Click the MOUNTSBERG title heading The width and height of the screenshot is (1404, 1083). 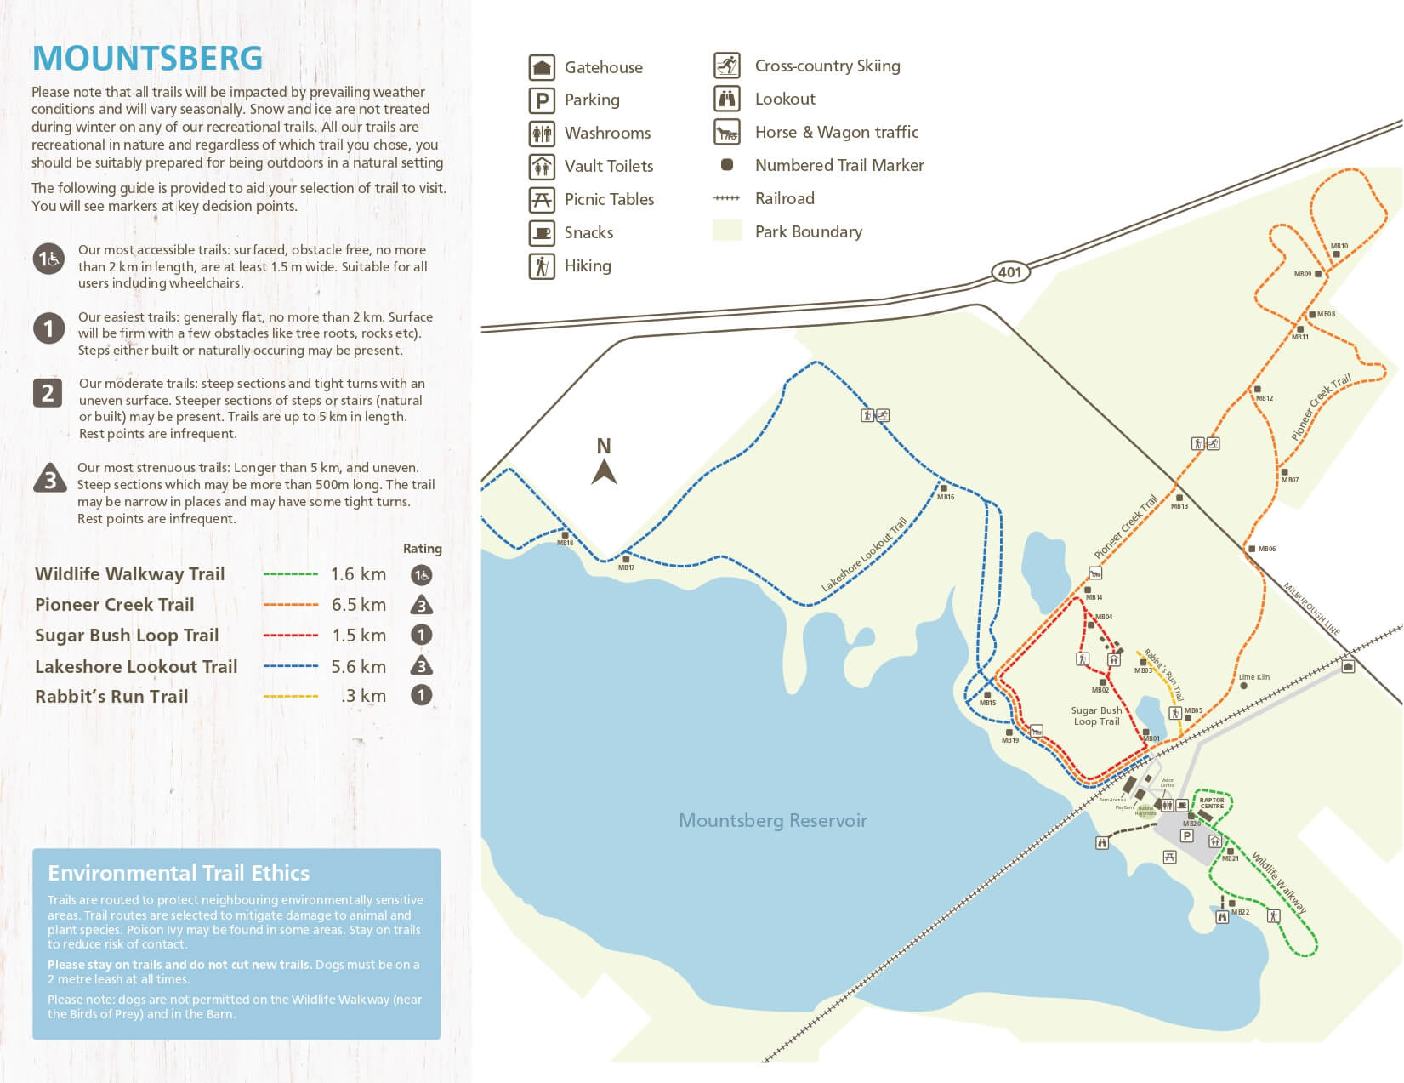(147, 58)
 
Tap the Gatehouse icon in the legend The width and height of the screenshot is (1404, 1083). (542, 67)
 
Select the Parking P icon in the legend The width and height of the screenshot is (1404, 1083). (542, 100)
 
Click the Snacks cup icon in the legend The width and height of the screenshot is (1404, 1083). (542, 232)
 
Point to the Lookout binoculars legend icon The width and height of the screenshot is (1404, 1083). (726, 99)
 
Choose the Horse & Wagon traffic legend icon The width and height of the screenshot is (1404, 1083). (726, 132)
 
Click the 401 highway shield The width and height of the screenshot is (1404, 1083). (1009, 272)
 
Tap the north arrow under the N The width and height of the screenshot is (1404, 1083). (604, 471)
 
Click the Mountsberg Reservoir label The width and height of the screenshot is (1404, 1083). (772, 820)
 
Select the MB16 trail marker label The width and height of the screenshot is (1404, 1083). (946, 497)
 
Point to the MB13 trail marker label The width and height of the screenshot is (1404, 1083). (1179, 506)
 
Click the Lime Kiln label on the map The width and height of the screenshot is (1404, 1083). (1254, 677)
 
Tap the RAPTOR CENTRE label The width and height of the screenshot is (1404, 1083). (1212, 802)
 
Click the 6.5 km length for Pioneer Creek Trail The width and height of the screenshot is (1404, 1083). (358, 605)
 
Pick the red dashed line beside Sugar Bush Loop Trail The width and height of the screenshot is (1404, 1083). (290, 636)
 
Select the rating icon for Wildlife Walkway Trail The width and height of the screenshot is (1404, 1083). (421, 575)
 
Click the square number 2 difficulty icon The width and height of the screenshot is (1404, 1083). (48, 393)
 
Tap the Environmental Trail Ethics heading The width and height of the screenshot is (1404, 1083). (179, 873)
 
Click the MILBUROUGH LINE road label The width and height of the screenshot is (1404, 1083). (1311, 609)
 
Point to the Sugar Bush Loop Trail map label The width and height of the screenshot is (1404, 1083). (1096, 715)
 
